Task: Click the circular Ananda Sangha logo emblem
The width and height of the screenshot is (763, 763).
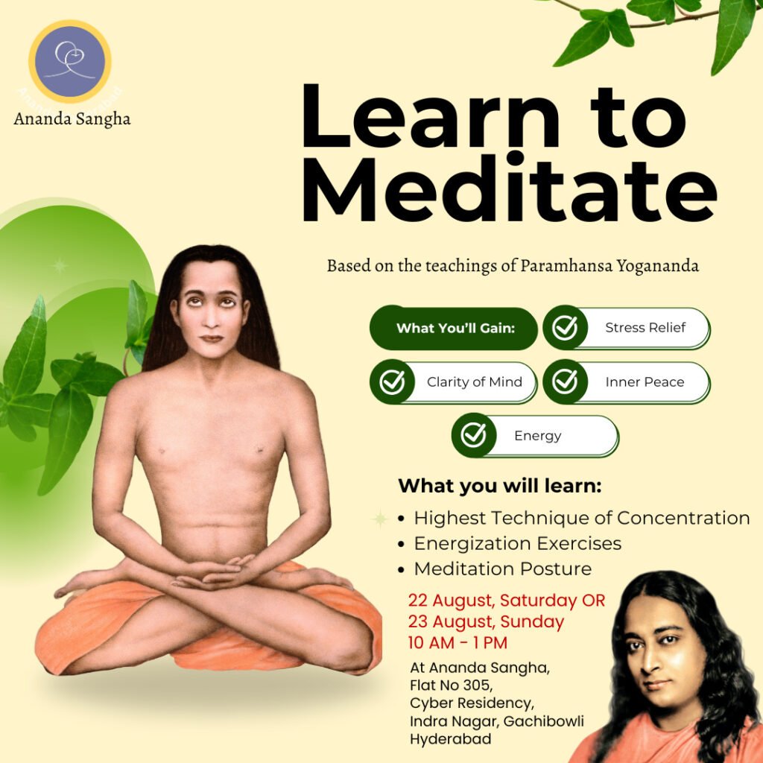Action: point(69,61)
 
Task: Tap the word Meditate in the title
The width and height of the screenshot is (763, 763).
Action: point(510,189)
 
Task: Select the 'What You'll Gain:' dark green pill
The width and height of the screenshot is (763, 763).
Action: point(454,328)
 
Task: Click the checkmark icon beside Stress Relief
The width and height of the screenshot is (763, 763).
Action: point(565,328)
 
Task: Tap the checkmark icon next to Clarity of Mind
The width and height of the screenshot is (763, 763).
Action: point(392,382)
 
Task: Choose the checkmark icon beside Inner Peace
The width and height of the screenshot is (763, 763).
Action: point(565,382)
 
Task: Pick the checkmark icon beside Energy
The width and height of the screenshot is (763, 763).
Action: point(473,435)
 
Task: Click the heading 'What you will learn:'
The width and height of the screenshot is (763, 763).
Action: point(500,486)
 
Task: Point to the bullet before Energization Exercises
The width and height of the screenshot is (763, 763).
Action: point(401,544)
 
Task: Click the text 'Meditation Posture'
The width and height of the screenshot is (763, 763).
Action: point(503,569)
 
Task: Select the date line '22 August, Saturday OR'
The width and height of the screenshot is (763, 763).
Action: point(507,601)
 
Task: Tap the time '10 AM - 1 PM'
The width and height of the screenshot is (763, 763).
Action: point(458,642)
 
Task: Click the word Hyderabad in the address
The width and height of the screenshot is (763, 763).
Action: point(450,739)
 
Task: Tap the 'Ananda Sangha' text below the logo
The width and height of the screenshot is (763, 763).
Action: point(72,119)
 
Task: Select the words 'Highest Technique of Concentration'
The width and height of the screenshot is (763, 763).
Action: point(582,519)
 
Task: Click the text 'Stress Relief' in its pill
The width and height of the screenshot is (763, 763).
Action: point(645,328)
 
